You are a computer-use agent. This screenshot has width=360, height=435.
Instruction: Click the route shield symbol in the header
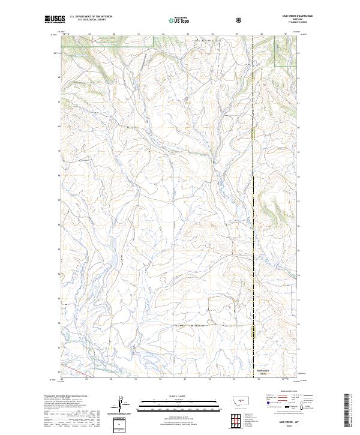coord(240,20)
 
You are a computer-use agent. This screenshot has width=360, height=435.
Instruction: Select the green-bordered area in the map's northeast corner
coord(286,50)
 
